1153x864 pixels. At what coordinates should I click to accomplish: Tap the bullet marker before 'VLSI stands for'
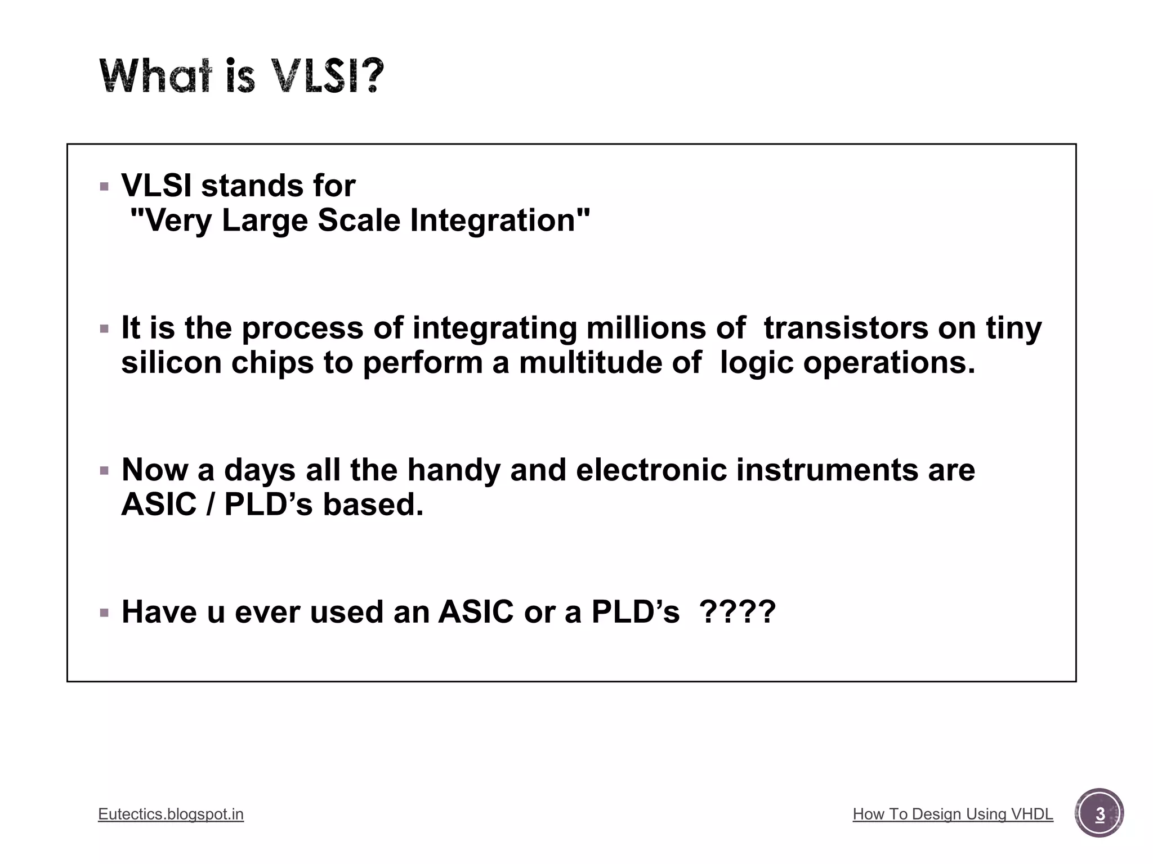[104, 186]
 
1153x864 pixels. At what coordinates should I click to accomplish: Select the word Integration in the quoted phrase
[500, 220]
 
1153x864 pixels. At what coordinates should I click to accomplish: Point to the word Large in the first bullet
[265, 220]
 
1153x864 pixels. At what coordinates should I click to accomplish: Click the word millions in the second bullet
[646, 328]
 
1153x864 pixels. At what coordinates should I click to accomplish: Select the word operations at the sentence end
[888, 363]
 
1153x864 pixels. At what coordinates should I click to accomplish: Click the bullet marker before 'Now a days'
[104, 471]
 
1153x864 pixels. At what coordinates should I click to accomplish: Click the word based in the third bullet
[372, 505]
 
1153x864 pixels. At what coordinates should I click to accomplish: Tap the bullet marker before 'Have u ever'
[104, 613]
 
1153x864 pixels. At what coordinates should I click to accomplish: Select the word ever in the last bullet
[267, 612]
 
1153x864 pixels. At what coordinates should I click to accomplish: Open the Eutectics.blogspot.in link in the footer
[171, 814]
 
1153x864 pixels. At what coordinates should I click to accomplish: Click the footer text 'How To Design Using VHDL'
[953, 814]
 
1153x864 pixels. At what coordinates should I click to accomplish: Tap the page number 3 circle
[1099, 813]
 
